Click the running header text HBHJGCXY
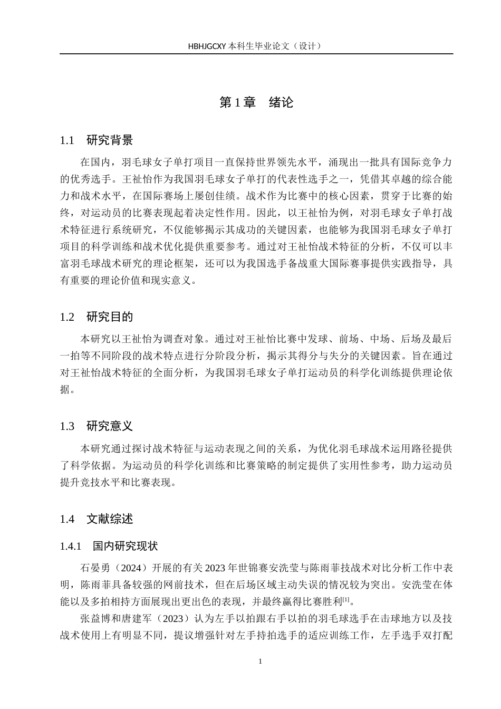tap(207, 46)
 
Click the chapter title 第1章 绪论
tap(256, 102)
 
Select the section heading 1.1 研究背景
tap(97, 140)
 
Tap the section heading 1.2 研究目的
tap(97, 317)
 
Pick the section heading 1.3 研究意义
tap(97, 426)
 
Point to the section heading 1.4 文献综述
tap(97, 519)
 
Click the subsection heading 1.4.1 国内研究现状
tap(109, 546)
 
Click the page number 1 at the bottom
tap(261, 662)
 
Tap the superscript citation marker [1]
tap(346, 600)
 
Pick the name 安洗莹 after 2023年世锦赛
tap(271, 568)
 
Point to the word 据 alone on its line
tap(65, 390)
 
